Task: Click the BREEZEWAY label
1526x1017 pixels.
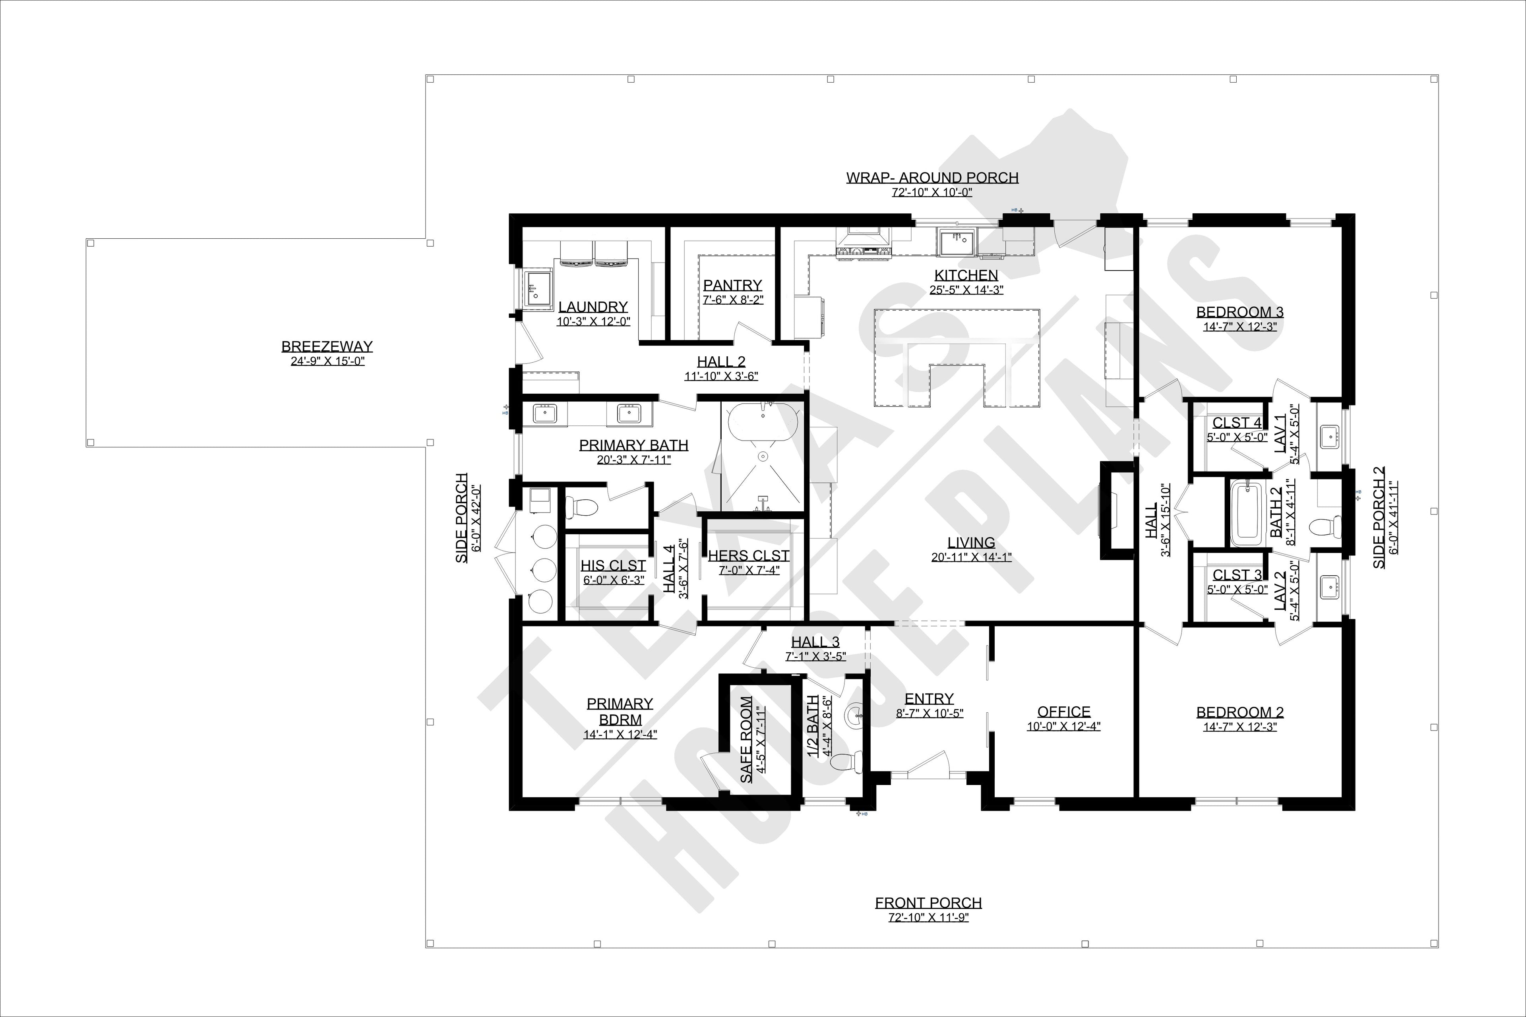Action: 327,347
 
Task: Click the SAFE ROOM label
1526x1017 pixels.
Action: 746,739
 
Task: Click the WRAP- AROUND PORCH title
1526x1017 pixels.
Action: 931,178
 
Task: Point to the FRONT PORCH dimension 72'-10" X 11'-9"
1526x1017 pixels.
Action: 928,918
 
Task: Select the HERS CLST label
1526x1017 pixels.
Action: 748,556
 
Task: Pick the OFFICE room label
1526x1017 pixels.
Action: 1063,712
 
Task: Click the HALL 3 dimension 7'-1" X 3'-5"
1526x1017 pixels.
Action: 815,656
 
